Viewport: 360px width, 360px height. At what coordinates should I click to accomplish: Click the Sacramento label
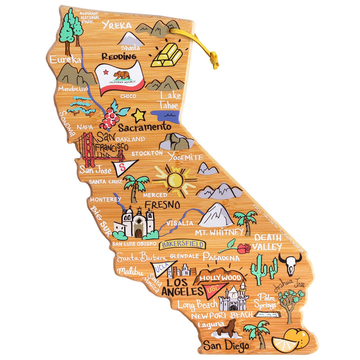pos(144,127)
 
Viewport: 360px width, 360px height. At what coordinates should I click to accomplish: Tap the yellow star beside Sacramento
pos(138,115)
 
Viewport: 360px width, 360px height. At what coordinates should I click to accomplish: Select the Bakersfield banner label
pos(182,244)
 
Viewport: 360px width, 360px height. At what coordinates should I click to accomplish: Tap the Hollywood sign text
pos(220,277)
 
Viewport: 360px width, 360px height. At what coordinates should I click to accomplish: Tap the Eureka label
pos(65,59)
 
